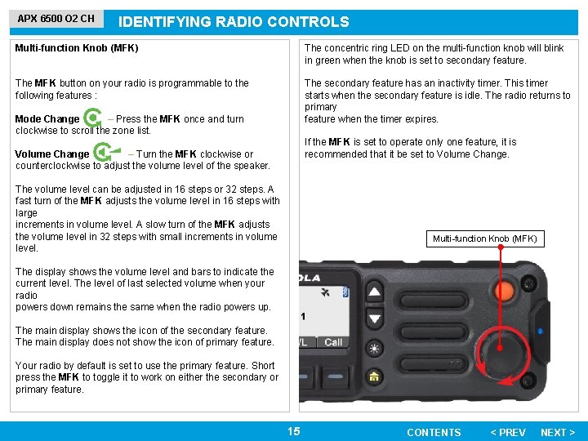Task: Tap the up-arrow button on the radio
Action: [x=374, y=292]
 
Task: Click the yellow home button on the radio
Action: [x=374, y=377]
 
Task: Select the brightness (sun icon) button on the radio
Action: [x=374, y=349]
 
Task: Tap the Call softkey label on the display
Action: [x=333, y=342]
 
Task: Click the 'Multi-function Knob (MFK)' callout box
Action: [x=484, y=238]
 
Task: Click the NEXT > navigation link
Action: [x=558, y=432]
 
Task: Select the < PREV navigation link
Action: [x=507, y=432]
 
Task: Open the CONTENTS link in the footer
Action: [x=434, y=432]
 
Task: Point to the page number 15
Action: [x=294, y=431]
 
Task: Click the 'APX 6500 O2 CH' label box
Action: [x=56, y=18]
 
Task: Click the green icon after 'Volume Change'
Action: [x=104, y=153]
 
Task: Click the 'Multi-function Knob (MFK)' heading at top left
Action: [x=77, y=48]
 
